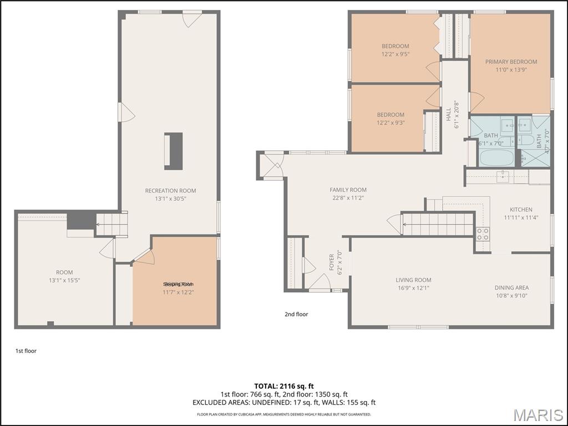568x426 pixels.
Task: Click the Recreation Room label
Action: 170,191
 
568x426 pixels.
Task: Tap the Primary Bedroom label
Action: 511,62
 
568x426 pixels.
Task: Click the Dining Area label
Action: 511,288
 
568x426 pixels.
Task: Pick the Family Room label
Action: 348,190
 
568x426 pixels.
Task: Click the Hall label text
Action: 449,114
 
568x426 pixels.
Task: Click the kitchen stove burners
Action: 483,234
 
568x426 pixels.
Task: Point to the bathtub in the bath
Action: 496,157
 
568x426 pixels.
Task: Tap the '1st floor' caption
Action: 26,351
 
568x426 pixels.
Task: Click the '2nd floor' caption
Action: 296,315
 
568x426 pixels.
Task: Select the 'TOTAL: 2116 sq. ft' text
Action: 283,386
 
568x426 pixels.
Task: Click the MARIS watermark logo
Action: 537,415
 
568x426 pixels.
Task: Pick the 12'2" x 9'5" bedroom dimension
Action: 395,54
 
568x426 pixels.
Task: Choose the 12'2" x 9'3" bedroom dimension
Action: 390,123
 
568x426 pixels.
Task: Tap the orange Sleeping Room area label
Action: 178,284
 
